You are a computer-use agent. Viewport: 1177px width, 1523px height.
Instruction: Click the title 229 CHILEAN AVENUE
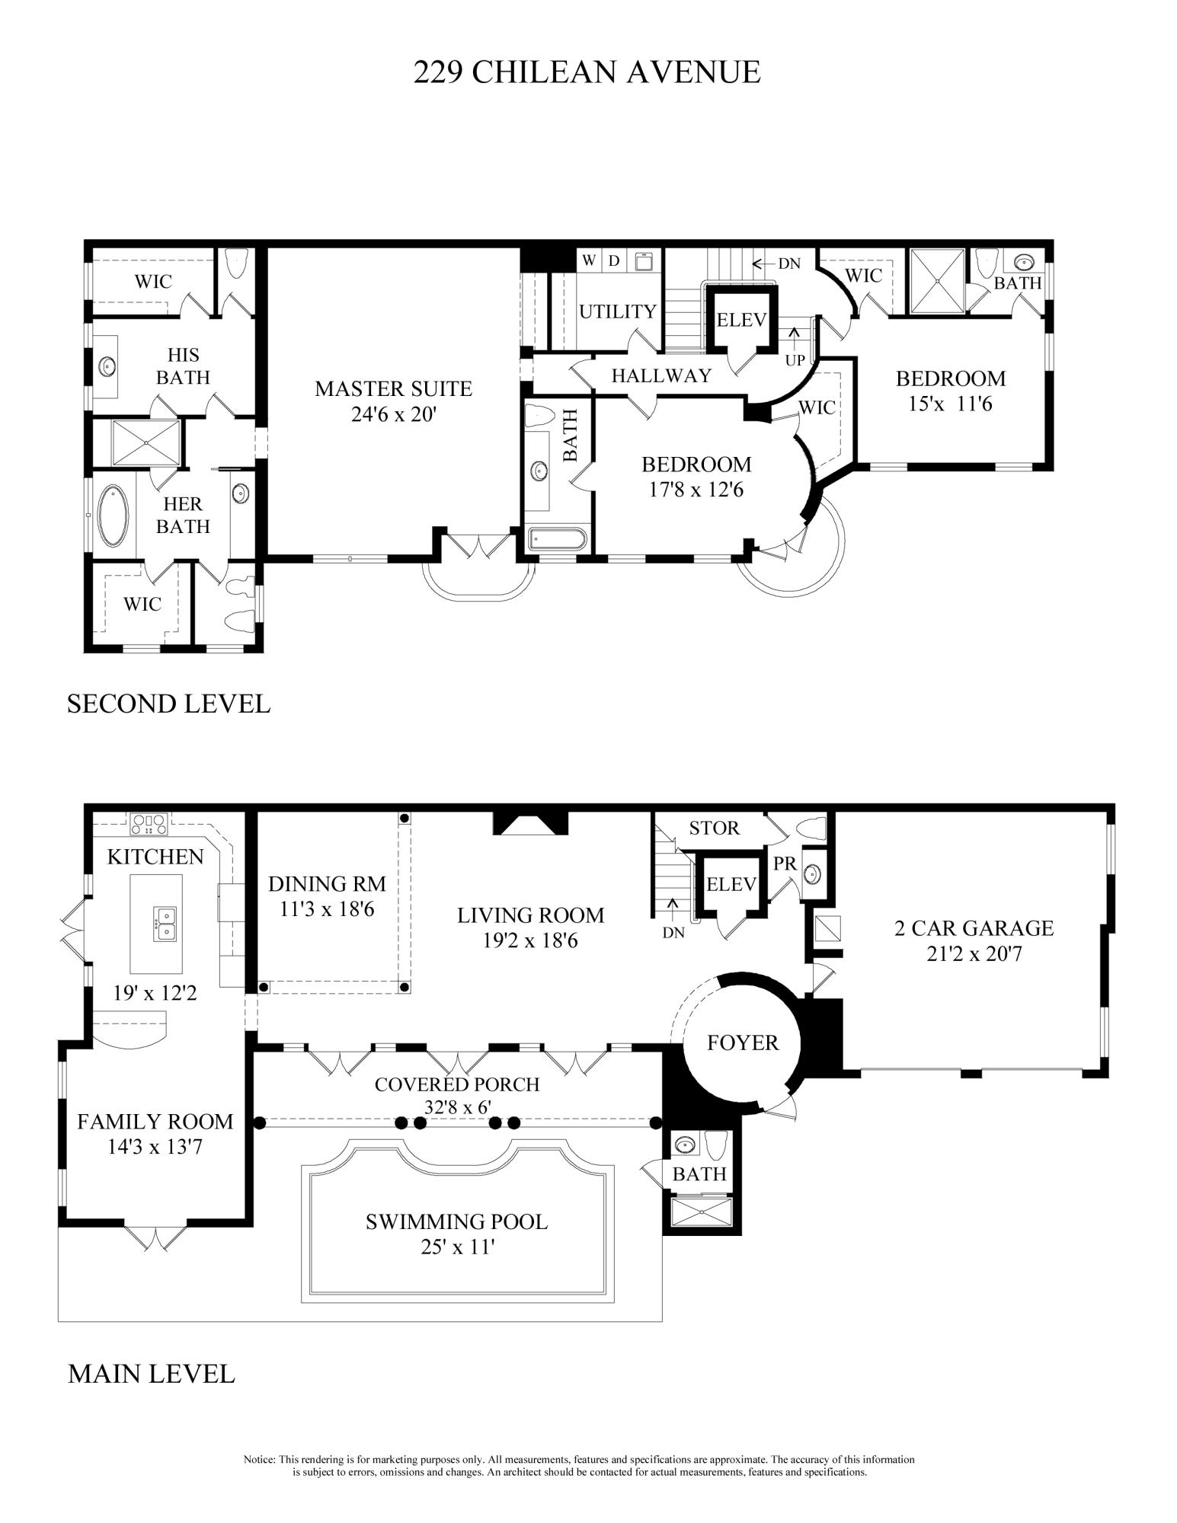(587, 72)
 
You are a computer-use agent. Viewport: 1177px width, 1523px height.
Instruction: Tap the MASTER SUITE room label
(393, 388)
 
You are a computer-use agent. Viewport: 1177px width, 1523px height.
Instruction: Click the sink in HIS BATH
(107, 366)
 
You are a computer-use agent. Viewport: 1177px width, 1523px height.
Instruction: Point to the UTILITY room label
(617, 311)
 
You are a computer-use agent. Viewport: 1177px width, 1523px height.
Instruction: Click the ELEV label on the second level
(740, 320)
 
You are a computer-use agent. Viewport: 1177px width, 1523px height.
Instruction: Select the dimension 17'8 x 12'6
(696, 490)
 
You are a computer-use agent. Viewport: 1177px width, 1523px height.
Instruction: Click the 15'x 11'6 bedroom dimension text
(950, 404)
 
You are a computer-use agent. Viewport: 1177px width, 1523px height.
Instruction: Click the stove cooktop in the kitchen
(149, 821)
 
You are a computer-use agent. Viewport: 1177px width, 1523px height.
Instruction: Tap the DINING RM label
(327, 883)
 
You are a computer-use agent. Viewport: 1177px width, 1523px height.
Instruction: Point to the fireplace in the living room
(531, 823)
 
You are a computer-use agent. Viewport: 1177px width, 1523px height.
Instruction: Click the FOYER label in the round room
(742, 1042)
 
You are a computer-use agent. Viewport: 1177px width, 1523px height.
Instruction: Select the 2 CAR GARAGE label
(974, 928)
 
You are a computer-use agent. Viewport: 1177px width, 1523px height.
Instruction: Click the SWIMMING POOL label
(456, 1221)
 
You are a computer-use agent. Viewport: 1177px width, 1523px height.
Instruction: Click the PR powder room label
(785, 864)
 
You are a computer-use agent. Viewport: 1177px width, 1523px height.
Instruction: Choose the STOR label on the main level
(714, 828)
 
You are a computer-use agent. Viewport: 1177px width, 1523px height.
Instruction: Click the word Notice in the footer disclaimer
(259, 1460)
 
